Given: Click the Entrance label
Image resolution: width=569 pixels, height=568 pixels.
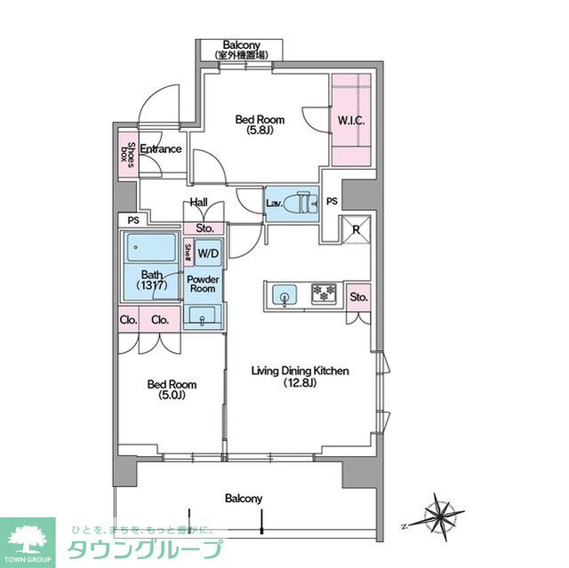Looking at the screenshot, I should (x=161, y=148).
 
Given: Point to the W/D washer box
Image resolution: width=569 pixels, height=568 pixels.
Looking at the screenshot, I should (x=208, y=253).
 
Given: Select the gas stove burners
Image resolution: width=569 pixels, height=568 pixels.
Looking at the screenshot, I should (x=324, y=293).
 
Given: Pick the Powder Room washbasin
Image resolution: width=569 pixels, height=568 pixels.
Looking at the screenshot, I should (x=204, y=316).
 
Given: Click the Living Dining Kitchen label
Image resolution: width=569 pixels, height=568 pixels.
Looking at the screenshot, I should (x=300, y=377).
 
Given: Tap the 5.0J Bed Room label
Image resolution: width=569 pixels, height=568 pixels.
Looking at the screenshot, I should (x=172, y=390).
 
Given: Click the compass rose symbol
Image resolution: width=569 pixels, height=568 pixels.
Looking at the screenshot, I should (x=442, y=514).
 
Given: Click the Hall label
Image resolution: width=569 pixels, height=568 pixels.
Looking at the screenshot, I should (x=198, y=203).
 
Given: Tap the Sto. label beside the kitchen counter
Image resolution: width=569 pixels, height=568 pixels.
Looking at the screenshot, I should (x=358, y=297).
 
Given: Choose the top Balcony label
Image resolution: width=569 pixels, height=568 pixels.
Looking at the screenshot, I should (x=241, y=45).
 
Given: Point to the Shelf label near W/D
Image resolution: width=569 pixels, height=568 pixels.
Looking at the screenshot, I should (x=188, y=253).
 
